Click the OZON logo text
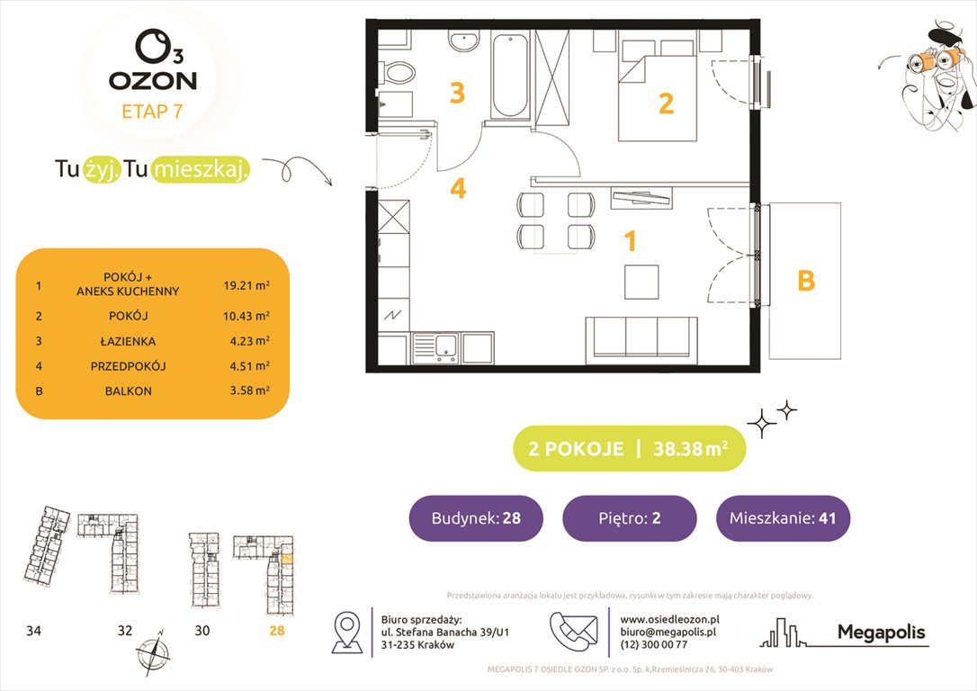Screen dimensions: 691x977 coord(152,80)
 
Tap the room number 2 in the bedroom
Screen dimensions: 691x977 coord(666,103)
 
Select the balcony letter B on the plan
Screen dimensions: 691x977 coord(806,281)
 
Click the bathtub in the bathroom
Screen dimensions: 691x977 coord(510,76)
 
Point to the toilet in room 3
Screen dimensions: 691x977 coord(398,71)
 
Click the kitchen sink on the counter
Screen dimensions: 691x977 coord(436,346)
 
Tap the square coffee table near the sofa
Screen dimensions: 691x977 coord(642,282)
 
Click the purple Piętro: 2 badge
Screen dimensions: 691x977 coord(629,518)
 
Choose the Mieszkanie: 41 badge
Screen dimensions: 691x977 coord(783,518)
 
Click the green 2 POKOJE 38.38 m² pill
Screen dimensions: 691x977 coord(629,449)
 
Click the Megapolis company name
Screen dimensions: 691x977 coord(881,633)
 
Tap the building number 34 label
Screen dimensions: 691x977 coord(33,631)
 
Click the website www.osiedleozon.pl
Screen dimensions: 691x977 coord(669,619)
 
